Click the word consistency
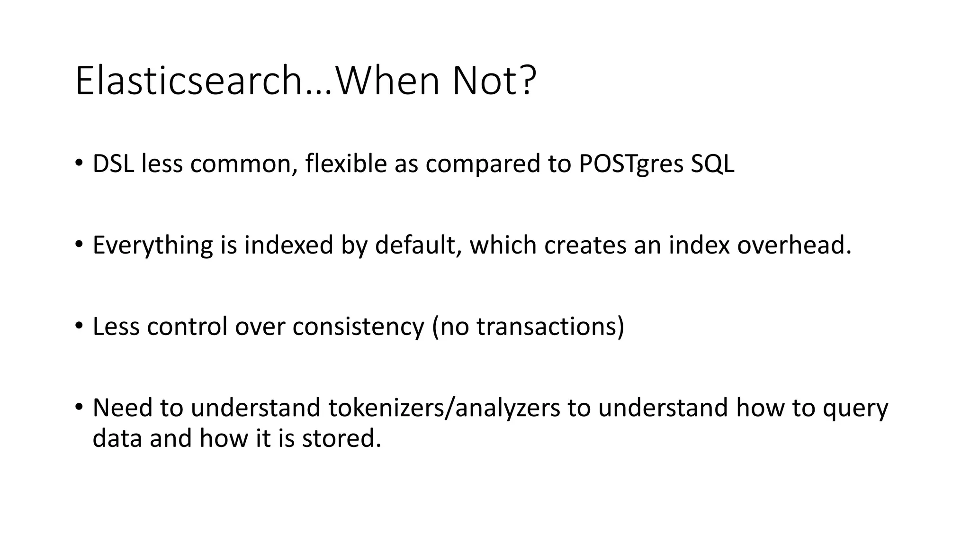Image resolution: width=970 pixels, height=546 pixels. pyautogui.click(x=358, y=327)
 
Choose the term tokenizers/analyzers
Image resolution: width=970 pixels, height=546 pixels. pyautogui.click(x=444, y=408)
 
